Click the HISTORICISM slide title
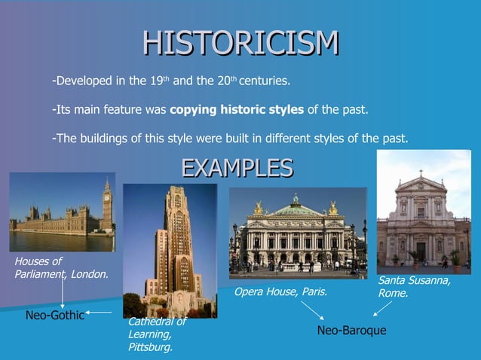point(240,43)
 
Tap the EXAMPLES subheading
point(237,167)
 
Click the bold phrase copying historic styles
point(237,110)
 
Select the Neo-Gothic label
point(55,314)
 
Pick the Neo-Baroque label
point(351,331)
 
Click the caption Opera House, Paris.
point(281,291)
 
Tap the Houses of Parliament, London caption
point(61,267)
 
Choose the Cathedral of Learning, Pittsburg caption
point(156,334)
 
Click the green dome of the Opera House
point(296,208)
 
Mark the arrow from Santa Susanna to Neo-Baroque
point(382,309)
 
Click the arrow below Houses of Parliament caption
point(61,294)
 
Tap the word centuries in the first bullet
point(264,80)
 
